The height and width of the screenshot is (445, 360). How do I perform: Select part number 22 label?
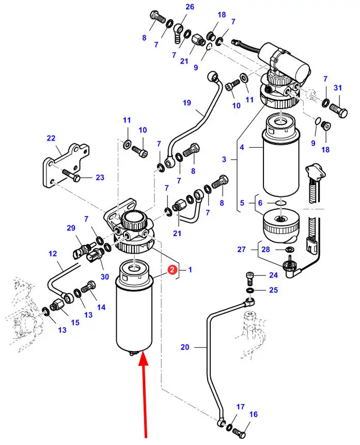pos(51,138)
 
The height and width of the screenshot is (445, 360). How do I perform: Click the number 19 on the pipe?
pos(186,103)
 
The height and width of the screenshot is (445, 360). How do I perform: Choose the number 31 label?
pos(338,87)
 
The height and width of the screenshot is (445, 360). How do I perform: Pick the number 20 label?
pos(185,347)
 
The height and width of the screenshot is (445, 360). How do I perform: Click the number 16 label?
pos(253,414)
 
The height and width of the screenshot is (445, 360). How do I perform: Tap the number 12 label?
pos(53,253)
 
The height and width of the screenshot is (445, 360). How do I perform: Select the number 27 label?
pos(242,249)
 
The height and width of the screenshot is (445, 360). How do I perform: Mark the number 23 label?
pos(100,177)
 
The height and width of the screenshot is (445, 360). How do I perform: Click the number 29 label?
pos(71,228)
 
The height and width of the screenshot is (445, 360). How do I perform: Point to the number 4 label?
pos(242,147)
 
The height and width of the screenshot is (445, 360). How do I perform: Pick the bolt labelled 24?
pos(248,278)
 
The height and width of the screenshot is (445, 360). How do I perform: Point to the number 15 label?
pos(75,323)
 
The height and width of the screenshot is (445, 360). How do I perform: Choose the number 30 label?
pos(105,277)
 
